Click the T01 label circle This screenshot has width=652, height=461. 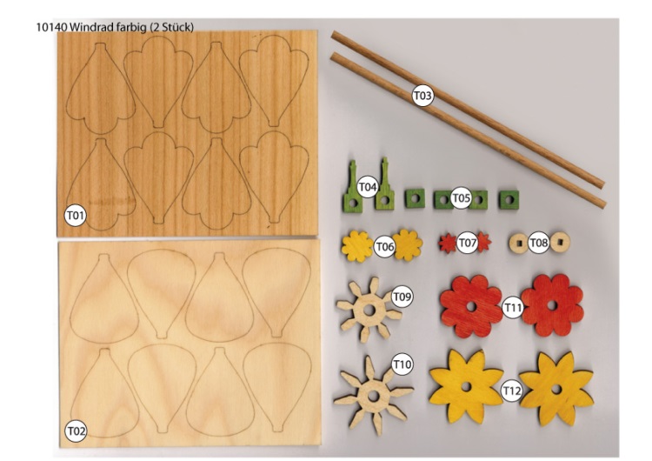(76, 216)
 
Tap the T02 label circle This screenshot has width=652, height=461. (76, 431)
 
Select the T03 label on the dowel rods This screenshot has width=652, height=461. (422, 96)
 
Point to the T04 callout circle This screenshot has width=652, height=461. (368, 187)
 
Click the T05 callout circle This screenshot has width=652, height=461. (461, 197)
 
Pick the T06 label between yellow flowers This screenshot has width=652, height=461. (384, 247)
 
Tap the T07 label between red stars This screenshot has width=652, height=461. (467, 243)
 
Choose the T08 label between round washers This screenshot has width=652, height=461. (539, 243)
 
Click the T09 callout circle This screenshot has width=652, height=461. (403, 297)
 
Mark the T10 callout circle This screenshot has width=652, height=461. (403, 364)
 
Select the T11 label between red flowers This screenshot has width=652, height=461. (513, 308)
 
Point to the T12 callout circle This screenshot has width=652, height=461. (511, 391)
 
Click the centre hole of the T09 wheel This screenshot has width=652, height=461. (369, 310)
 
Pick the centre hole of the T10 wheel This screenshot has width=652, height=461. (374, 397)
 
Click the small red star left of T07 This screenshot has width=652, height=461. (448, 243)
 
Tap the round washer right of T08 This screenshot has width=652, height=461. (560, 242)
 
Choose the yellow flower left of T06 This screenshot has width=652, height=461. (357, 246)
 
